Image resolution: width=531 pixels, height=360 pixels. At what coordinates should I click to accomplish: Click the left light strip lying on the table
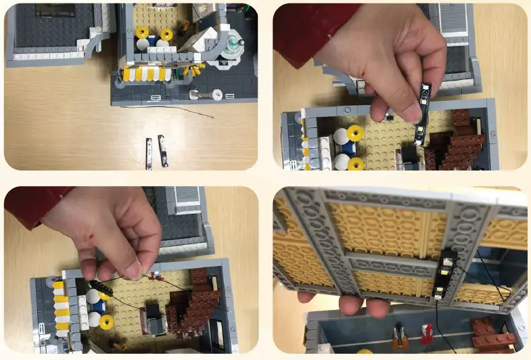[149, 152]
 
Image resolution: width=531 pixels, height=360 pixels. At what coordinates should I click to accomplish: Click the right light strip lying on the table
[162, 150]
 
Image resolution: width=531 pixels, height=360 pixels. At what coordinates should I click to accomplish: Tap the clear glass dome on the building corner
[234, 44]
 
